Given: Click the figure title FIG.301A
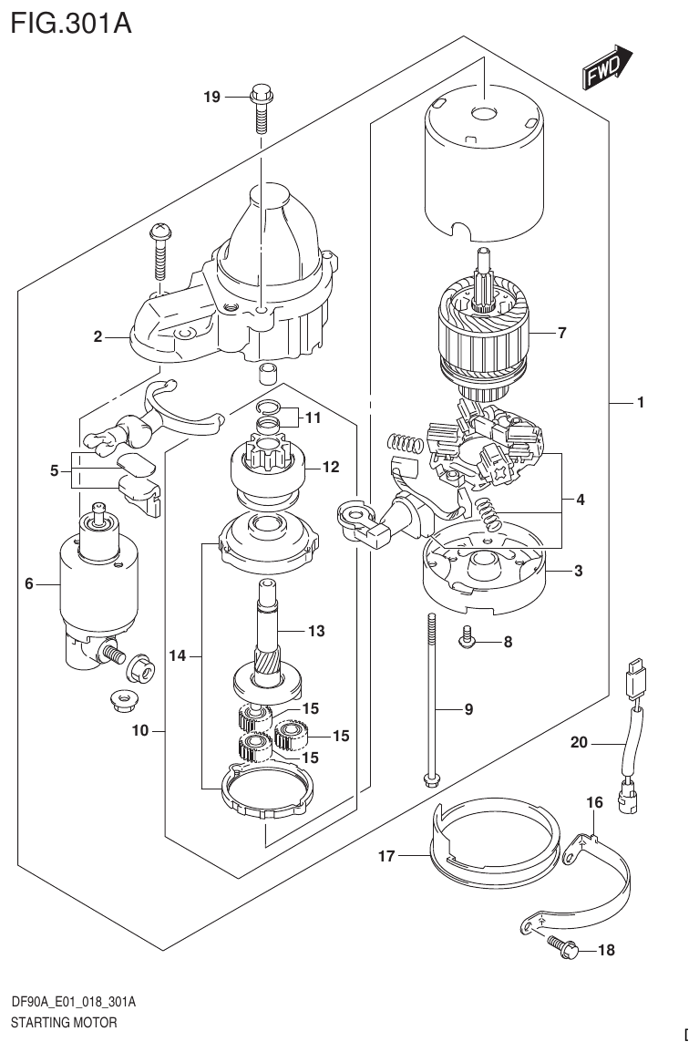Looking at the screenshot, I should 72,22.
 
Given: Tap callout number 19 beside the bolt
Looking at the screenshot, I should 211,97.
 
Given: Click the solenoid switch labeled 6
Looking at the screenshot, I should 94,583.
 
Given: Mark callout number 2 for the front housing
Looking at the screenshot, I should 97,336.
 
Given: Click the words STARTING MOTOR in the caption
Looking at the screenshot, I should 64,1023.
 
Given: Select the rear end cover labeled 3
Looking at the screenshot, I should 483,570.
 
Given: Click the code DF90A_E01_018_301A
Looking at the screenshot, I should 73,1003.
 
